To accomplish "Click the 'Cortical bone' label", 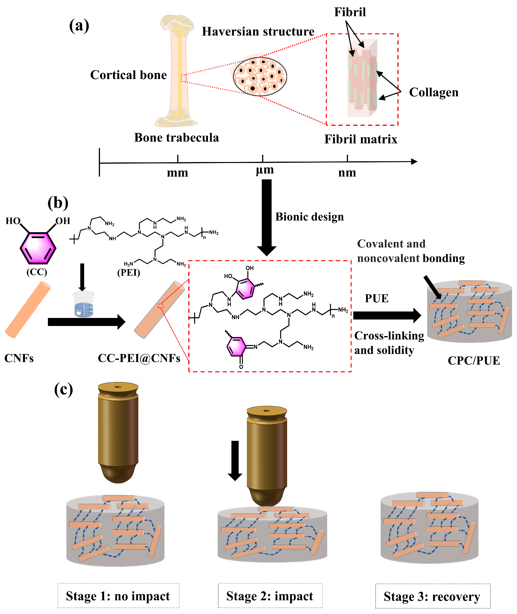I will (128, 75).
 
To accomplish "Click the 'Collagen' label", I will (433, 92).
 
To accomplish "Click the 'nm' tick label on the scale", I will (347, 173).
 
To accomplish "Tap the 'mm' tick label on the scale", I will (177, 173).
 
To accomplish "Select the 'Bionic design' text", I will (309, 217).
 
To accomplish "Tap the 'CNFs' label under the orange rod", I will (19, 358).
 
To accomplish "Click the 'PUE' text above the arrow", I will (377, 298).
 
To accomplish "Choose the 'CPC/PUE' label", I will (474, 360).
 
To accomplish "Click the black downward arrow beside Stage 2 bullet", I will (235, 460).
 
